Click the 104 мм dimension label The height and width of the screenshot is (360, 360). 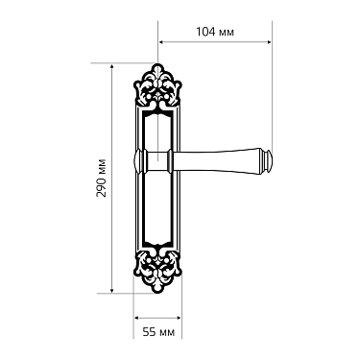pyautogui.click(x=213, y=32)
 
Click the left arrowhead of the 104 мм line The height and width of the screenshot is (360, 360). pyautogui.click(x=161, y=42)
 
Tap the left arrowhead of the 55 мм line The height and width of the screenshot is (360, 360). pyautogui.click(x=136, y=317)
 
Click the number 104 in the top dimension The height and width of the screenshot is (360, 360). pyautogui.click(x=204, y=32)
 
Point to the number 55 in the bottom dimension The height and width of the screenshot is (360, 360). pyautogui.click(x=148, y=331)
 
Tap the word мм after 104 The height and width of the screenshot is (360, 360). pyautogui.click(x=227, y=32)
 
